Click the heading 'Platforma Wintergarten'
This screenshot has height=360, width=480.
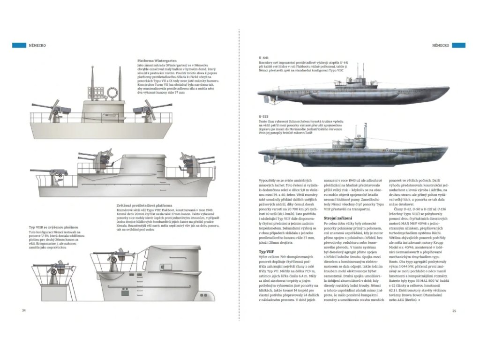click(x=156, y=61)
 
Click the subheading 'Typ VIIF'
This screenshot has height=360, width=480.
click(x=266, y=252)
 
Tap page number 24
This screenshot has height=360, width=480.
click(x=17, y=310)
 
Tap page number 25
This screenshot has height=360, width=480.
click(x=454, y=310)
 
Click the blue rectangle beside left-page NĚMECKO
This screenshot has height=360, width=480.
click(x=19, y=45)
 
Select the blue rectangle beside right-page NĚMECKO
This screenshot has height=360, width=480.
click(x=459, y=45)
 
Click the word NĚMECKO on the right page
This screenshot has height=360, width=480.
click(x=440, y=45)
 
